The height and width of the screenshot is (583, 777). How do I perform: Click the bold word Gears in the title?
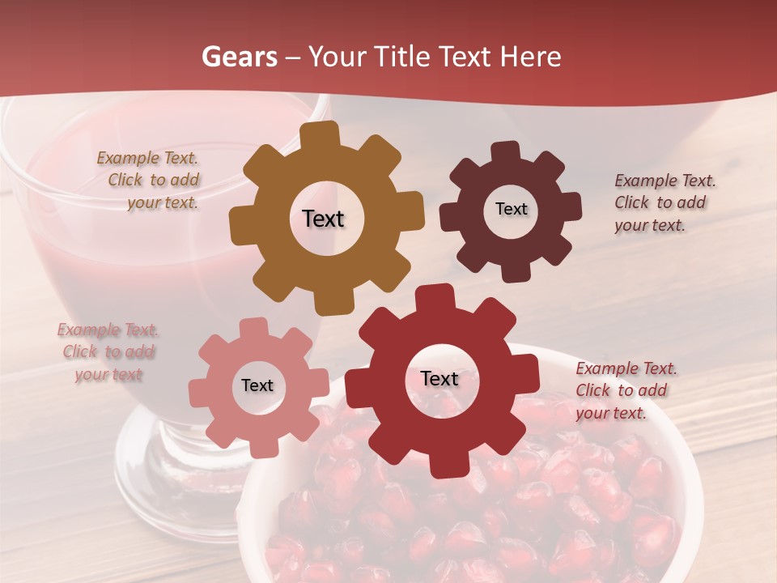tap(239, 57)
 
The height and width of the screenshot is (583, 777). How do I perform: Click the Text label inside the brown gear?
tap(323, 219)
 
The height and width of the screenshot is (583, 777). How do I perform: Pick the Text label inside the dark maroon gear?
tap(511, 209)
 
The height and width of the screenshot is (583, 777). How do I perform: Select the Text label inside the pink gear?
tap(257, 385)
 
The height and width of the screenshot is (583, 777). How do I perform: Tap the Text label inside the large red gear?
tap(439, 378)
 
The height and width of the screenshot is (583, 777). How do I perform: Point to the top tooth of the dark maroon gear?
tap(506, 151)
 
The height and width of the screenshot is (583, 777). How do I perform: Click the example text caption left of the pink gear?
tap(108, 352)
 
